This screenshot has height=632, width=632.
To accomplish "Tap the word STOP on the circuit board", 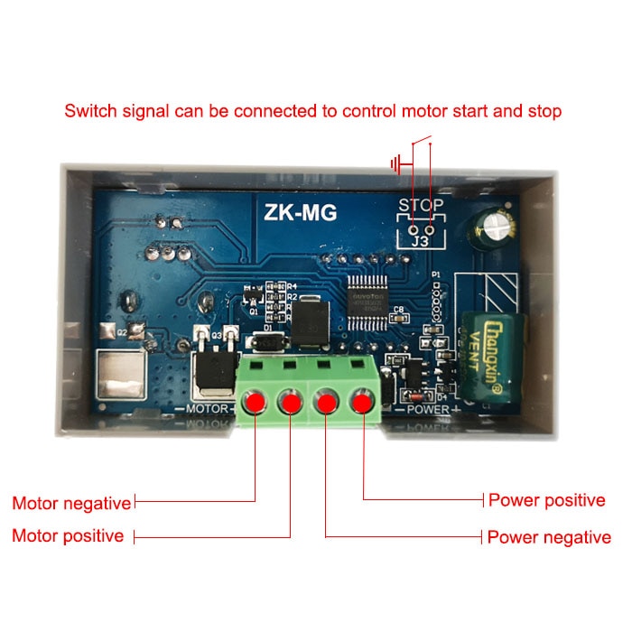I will click(421, 205).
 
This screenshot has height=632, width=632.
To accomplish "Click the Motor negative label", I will click(71, 502).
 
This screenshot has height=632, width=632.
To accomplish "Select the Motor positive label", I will click(68, 535).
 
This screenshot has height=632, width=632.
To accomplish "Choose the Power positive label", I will click(546, 500).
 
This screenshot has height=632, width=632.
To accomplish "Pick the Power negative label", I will click(549, 537).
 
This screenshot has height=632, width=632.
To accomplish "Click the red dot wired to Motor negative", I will click(256, 402).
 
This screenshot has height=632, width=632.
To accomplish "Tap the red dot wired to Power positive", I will click(363, 402).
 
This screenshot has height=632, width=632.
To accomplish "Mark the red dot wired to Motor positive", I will click(291, 402).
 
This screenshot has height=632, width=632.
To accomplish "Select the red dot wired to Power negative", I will click(326, 402).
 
